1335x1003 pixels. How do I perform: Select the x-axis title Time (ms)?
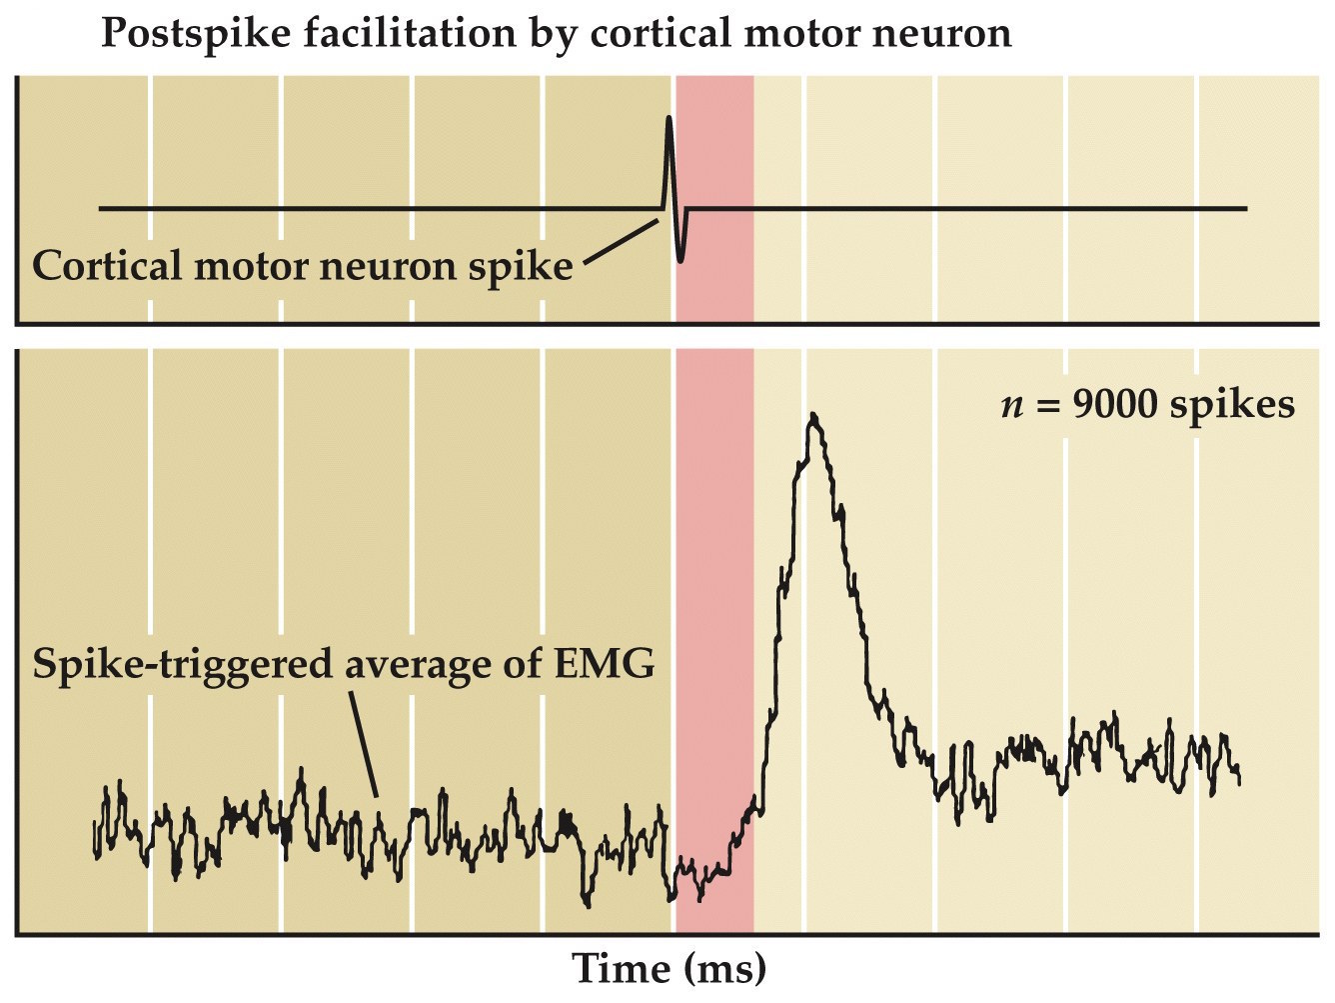668,968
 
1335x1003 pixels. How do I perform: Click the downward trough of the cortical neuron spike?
681,259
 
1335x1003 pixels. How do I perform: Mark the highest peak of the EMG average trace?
815,416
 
